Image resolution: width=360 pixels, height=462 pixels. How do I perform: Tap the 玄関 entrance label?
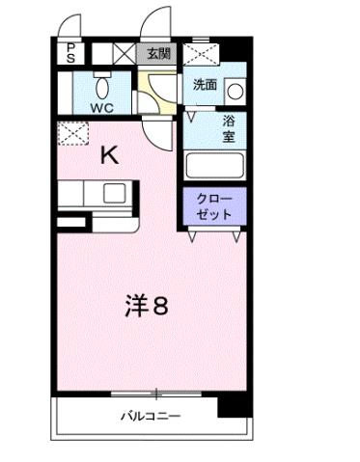coord(158,54)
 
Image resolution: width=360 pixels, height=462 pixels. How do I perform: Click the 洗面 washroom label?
coord(206,85)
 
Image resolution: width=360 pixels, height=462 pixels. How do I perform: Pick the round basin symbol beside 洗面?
coord(234,91)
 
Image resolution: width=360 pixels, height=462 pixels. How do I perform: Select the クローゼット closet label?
coord(214,205)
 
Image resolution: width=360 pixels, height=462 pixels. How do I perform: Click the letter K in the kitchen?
coord(109,155)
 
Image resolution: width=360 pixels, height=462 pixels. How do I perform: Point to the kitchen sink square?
coord(114,192)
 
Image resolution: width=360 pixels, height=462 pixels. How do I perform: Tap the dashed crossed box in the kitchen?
coord(70,134)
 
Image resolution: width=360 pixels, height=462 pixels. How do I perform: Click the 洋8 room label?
coord(147,306)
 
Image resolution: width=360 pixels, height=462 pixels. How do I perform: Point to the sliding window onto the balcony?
coord(154,393)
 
